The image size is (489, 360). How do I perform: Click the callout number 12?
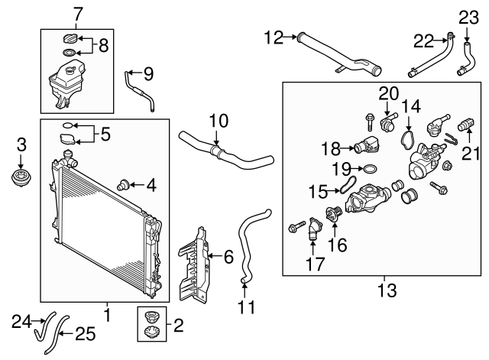[273, 35]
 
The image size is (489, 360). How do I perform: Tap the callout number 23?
[468, 16]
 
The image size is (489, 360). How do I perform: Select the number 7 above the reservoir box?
[76, 14]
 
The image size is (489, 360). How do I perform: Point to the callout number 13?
[387, 290]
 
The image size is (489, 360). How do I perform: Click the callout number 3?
[21, 143]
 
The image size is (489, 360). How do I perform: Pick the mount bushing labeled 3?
[21, 179]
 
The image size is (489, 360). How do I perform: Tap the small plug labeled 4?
[121, 183]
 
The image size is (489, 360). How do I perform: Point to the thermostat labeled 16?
[332, 217]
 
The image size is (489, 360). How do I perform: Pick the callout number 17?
[315, 264]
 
